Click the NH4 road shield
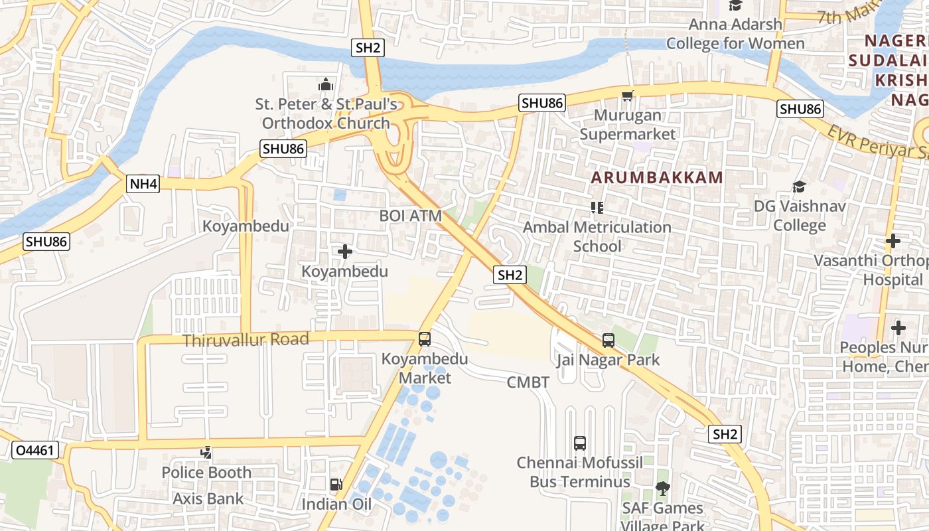click(x=143, y=184)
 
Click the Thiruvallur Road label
click(x=246, y=340)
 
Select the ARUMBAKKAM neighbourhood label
click(x=656, y=177)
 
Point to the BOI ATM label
click(x=410, y=216)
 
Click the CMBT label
click(x=528, y=382)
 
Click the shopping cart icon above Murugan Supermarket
click(x=627, y=96)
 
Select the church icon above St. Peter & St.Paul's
click(x=326, y=84)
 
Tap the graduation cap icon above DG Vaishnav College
click(x=799, y=187)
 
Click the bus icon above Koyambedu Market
click(x=425, y=339)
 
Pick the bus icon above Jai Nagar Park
click(x=608, y=341)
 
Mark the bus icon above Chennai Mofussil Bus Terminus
click(x=579, y=443)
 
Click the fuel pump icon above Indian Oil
click(x=336, y=485)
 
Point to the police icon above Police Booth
click(x=206, y=453)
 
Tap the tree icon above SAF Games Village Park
click(x=662, y=489)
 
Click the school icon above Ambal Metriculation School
click(x=597, y=208)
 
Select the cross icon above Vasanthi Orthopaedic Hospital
click(x=893, y=241)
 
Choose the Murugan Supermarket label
click(x=628, y=125)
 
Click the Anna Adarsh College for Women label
click(x=735, y=35)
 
